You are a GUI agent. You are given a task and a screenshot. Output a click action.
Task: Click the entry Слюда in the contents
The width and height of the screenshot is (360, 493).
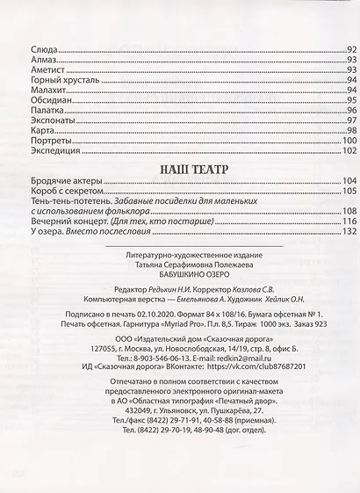[x=44, y=50]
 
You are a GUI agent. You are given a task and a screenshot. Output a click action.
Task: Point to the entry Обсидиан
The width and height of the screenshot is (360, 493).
[x=50, y=101]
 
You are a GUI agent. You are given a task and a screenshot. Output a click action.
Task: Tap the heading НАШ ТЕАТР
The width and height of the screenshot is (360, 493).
[x=186, y=168]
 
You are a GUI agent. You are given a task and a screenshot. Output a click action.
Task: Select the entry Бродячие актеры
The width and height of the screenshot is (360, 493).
[x=64, y=181]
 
